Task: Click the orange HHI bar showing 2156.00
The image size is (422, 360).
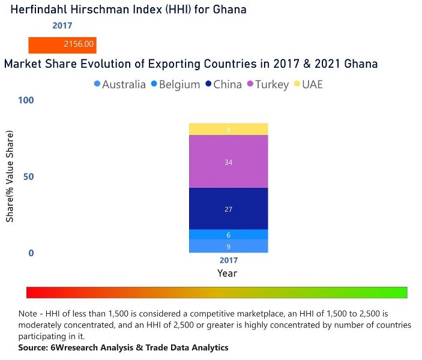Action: (x=62, y=44)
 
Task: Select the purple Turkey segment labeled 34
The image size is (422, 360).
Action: (x=228, y=162)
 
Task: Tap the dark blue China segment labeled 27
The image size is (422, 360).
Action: (x=228, y=209)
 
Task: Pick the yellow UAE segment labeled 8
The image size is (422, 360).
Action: (x=228, y=129)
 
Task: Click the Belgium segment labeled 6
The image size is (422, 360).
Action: (x=228, y=235)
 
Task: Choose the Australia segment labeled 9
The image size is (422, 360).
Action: (x=228, y=246)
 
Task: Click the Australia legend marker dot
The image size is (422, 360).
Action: (x=98, y=85)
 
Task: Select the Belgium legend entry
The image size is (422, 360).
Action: (x=175, y=85)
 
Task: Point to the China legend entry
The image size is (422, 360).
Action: (x=228, y=85)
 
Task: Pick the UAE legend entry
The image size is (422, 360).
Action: (x=312, y=85)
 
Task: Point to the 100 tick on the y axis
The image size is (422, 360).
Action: (x=26, y=100)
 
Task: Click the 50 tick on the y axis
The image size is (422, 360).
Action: (x=28, y=177)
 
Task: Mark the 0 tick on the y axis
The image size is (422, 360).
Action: (x=31, y=253)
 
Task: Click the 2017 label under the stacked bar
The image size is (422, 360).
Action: (x=228, y=260)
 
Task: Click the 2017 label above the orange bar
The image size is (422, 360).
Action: (x=62, y=25)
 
